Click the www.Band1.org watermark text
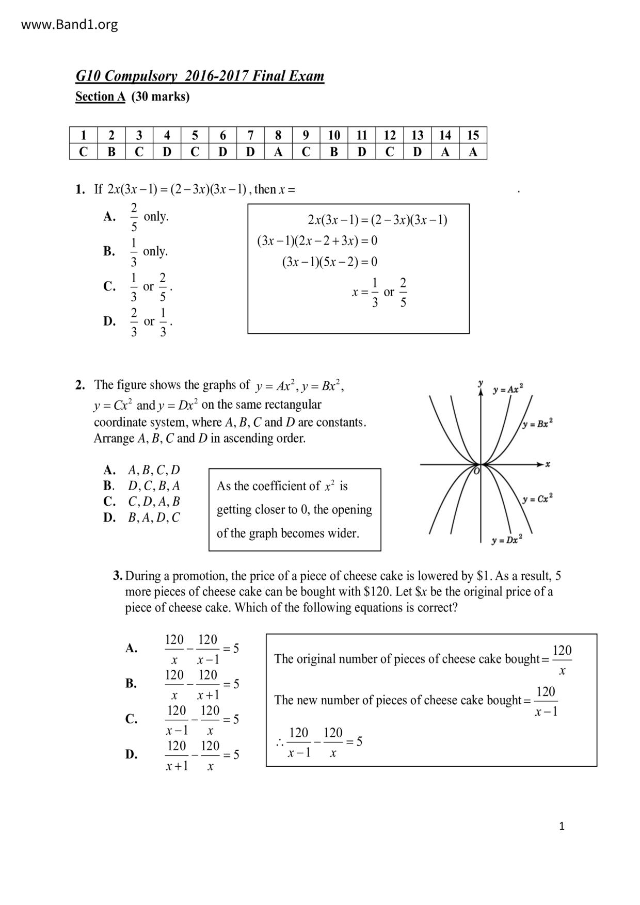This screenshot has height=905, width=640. tap(69, 24)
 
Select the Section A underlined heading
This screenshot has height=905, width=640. tap(100, 96)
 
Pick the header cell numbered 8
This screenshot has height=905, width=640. tap(278, 135)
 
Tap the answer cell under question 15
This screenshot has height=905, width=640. tap(473, 152)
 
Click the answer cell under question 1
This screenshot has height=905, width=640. tap(84, 152)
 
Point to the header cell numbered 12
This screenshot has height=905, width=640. tap(389, 135)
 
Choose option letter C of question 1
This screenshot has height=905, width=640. tap(109, 286)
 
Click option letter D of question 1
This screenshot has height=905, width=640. tap(109, 321)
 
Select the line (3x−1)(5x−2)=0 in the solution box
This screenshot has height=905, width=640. tap(329, 262)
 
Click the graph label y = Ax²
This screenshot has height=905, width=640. tap(508, 390)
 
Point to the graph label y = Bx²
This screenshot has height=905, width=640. tap(537, 424)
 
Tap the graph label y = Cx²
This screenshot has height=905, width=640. tap(537, 499)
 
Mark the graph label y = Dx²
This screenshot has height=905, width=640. tap(507, 540)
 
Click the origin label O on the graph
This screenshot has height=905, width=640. tap(476, 470)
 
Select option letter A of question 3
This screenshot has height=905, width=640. tap(131, 648)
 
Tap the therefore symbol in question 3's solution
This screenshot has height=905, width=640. tap(279, 743)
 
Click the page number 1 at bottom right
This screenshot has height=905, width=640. tap(562, 826)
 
